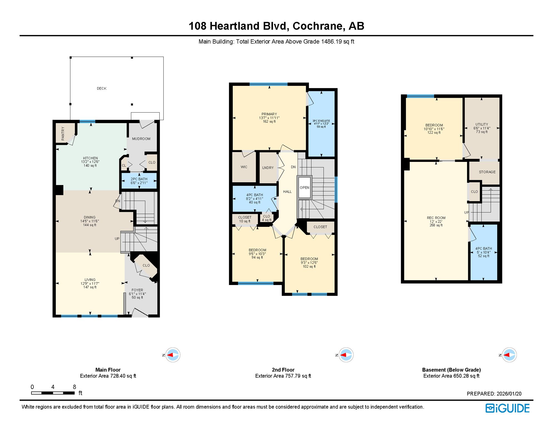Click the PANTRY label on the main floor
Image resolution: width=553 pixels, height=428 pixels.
pyautogui.click(x=63, y=133)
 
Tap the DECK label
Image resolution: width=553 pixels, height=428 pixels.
pyautogui.click(x=102, y=88)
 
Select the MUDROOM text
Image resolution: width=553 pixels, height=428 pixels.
pyautogui.click(x=141, y=139)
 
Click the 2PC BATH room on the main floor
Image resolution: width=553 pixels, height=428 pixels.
pyautogui.click(x=139, y=181)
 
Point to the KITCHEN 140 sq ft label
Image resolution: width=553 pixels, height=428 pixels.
pyautogui.click(x=90, y=162)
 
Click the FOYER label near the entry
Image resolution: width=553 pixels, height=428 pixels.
pyautogui.click(x=137, y=294)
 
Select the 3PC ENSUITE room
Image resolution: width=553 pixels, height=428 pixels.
pyautogui.click(x=321, y=124)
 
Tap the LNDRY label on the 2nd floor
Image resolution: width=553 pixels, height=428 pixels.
pyautogui.click(x=268, y=168)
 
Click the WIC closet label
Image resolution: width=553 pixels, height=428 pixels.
pyautogui.click(x=244, y=167)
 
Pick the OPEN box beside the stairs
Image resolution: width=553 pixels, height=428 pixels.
pyautogui.click(x=304, y=188)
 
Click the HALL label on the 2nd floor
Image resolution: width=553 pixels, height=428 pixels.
pyautogui.click(x=287, y=192)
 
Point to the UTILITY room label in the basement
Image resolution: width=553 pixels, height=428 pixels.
pyautogui.click(x=482, y=128)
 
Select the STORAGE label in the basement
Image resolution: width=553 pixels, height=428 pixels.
pyautogui.click(x=487, y=172)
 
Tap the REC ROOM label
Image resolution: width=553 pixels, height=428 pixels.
pyautogui.click(x=436, y=222)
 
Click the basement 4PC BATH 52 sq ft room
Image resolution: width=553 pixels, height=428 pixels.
pyautogui.click(x=483, y=252)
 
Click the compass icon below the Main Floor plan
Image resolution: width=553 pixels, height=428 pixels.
pyautogui.click(x=172, y=355)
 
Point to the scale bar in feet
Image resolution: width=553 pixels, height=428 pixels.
pyautogui.click(x=53, y=393)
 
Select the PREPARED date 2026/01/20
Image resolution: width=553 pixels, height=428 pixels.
pyautogui.click(x=494, y=394)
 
